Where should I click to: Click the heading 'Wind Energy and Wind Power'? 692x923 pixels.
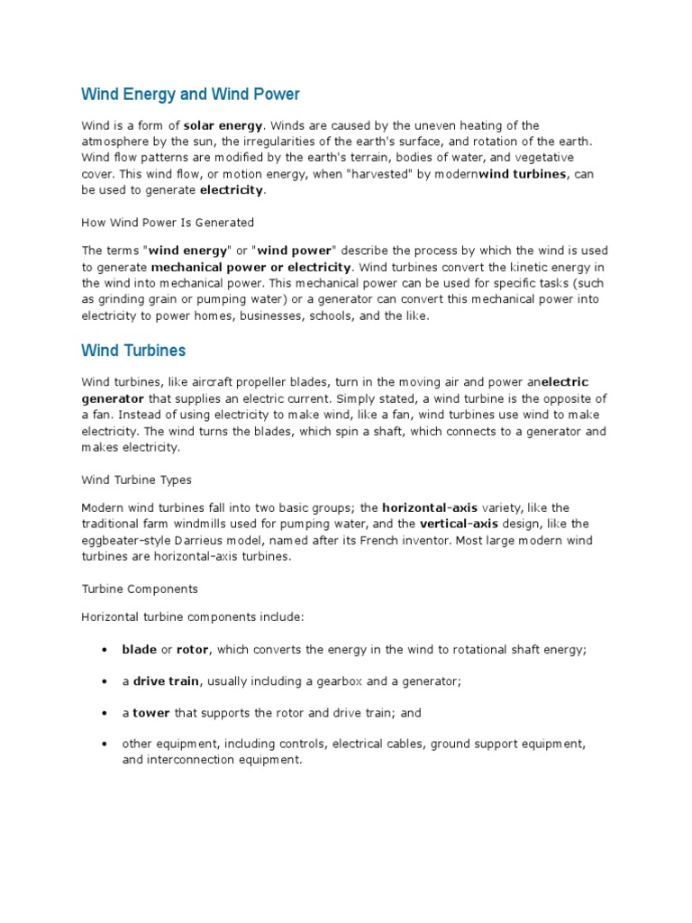[190, 94]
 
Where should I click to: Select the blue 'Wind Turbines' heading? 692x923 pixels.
[134, 350]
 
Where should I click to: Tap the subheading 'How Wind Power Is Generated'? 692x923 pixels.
[168, 222]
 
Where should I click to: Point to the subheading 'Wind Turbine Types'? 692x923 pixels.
[136, 480]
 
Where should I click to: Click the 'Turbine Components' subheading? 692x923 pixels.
[140, 589]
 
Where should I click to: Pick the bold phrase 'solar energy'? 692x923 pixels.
[223, 125]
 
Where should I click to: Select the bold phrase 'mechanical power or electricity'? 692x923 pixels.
[250, 268]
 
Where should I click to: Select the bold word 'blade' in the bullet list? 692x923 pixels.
[139, 649]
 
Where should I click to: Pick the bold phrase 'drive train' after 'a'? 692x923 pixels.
[167, 681]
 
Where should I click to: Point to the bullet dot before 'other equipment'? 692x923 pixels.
[105, 745]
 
